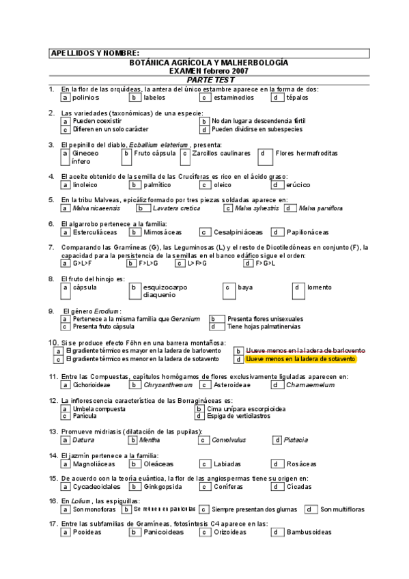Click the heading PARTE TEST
[210, 80]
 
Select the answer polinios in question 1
[85, 98]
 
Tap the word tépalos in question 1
[297, 98]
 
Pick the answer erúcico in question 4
[298, 184]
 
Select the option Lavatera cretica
[176, 208]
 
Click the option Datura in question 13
[83, 440]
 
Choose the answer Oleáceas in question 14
[159, 464]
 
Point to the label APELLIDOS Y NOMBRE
[95, 53]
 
